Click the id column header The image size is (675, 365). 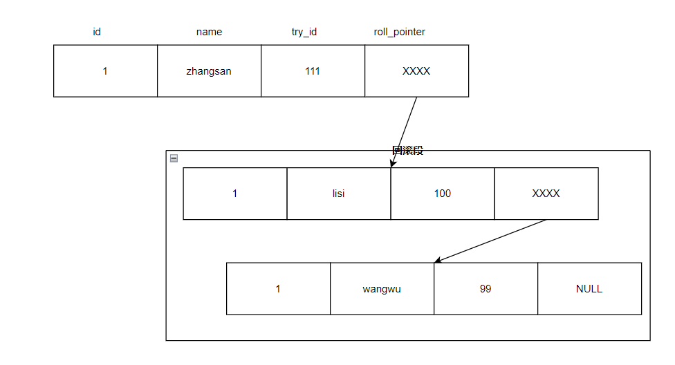coord(97,32)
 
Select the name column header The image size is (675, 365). coord(210,32)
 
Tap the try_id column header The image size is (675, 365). coord(304,32)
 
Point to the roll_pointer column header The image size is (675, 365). coord(400,32)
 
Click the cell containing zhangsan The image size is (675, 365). coord(209,71)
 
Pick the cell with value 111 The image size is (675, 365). coord(313,71)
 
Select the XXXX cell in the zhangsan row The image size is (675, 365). coord(416,71)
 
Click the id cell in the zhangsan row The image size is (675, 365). coord(105,71)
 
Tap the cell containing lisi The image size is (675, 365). coord(339,194)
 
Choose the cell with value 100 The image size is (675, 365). coord(443,194)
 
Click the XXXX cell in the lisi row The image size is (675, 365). coord(546,194)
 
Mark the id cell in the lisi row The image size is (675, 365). coord(235,194)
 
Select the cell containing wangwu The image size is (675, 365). coord(382,289)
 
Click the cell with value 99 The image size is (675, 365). coord(486,289)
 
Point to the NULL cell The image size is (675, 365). coord(589,289)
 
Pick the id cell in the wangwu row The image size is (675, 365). coord(278,289)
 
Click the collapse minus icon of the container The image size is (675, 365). coord(174,158)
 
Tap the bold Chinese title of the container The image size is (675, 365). coord(407,151)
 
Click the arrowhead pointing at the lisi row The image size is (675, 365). coord(392,165)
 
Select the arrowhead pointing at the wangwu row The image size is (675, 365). coord(437,261)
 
